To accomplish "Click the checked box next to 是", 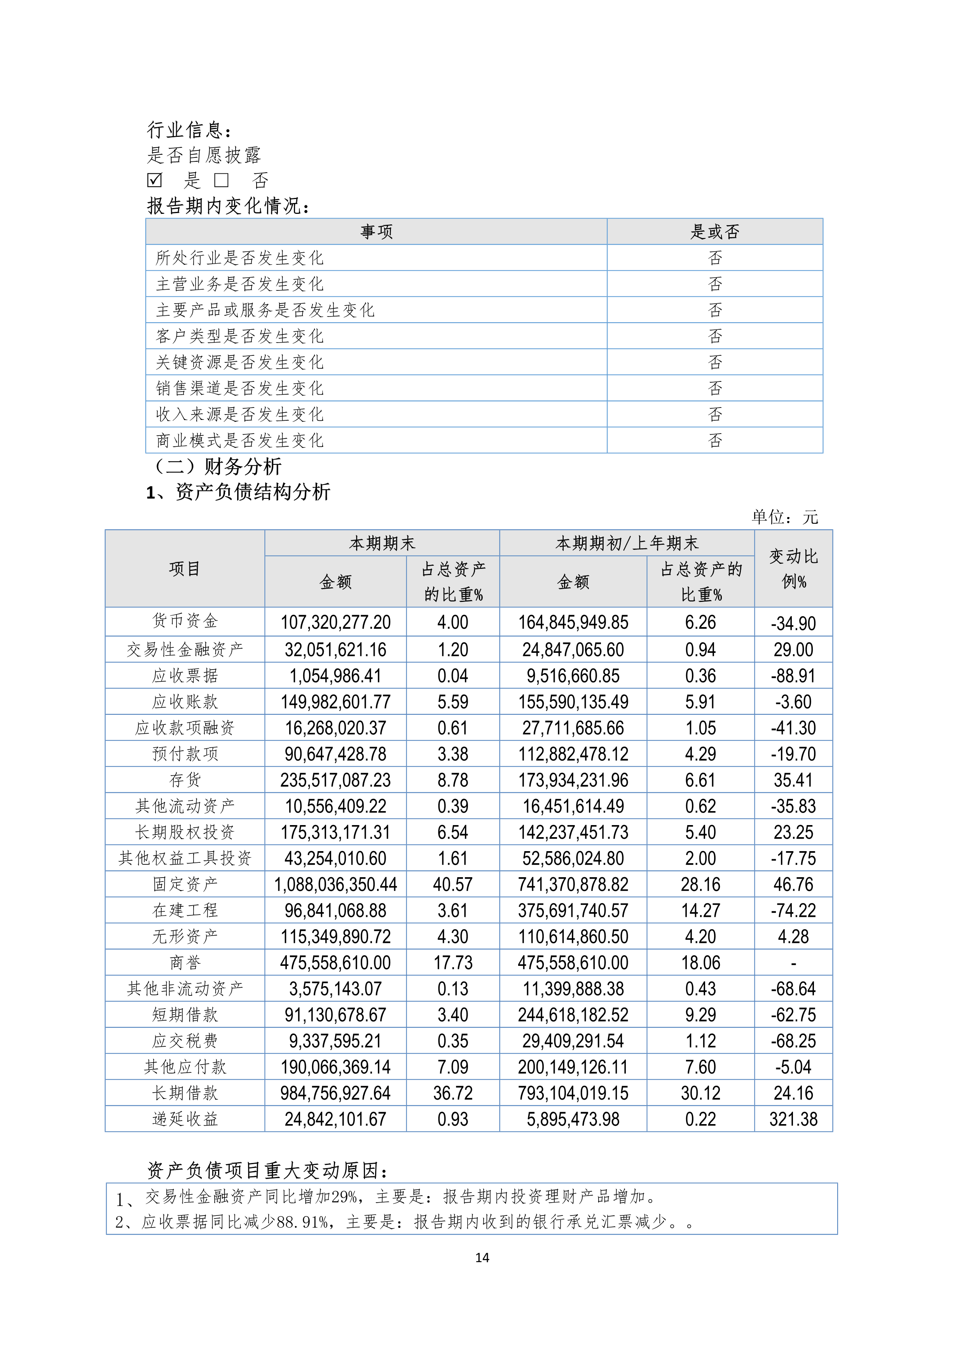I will tap(154, 180).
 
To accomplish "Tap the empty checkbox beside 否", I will tap(222, 180).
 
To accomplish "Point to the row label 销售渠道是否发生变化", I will tap(239, 388).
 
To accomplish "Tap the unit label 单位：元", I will tap(785, 517).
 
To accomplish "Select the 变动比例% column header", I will tap(793, 568).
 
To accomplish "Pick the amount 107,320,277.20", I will tap(335, 622).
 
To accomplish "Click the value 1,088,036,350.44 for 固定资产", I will tap(335, 885).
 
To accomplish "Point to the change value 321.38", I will tap(793, 1120).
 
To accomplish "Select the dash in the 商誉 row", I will tap(793, 964).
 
